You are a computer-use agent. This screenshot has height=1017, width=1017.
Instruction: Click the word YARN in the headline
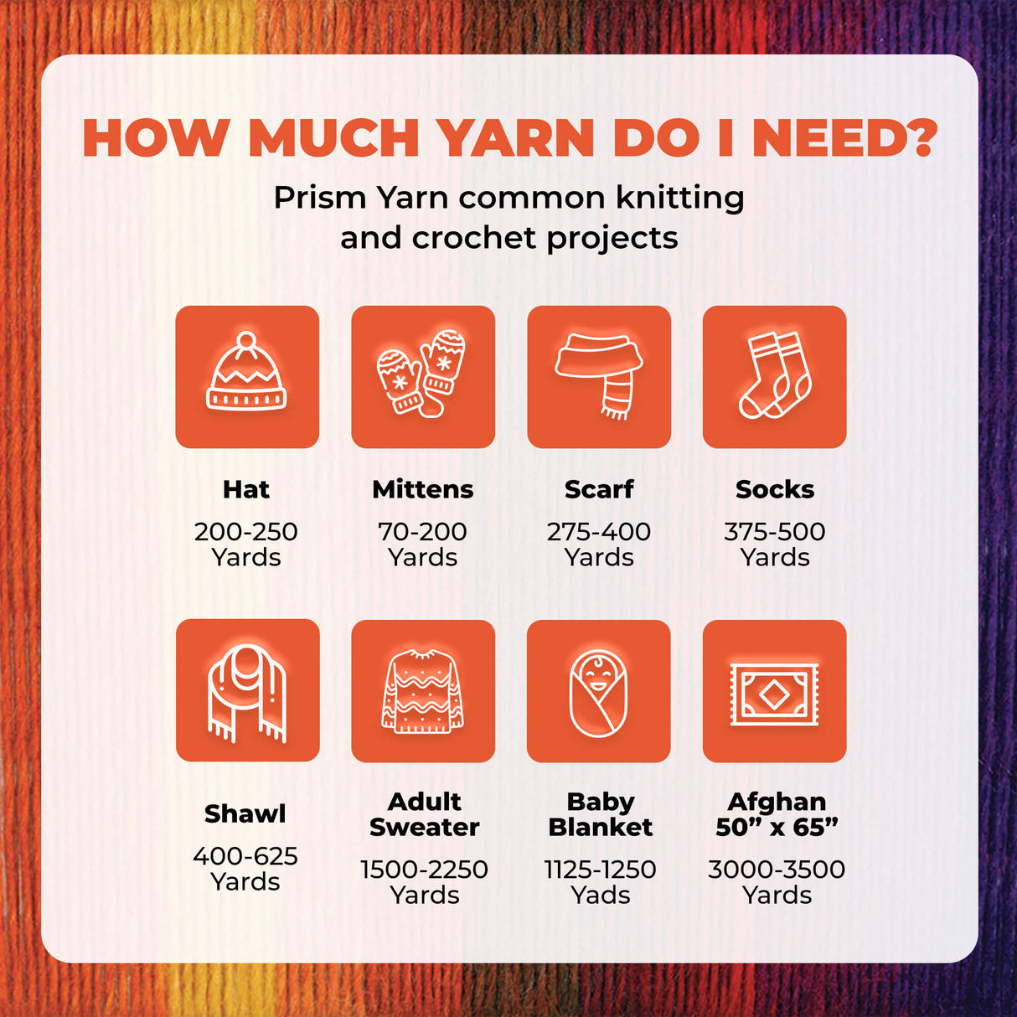coord(517,138)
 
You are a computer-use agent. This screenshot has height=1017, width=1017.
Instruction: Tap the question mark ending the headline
coord(920,138)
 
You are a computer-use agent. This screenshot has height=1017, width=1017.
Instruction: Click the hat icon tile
coord(247,377)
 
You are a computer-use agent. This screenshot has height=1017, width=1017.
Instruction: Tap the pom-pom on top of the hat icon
coord(246,341)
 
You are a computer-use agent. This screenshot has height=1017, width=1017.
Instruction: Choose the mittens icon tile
coord(423,377)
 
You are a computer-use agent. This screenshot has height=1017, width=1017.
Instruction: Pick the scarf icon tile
coord(599,377)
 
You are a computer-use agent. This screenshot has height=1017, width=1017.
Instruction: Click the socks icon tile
coord(775,377)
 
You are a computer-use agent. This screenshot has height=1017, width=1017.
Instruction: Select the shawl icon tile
coord(247,690)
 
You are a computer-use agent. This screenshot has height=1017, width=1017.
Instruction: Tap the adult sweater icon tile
coord(423,691)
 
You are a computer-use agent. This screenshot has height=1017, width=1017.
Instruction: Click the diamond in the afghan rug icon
coord(774,694)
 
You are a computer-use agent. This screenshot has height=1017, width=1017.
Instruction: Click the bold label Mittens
coord(423,489)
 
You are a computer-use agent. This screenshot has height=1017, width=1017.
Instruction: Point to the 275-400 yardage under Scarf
coord(599,531)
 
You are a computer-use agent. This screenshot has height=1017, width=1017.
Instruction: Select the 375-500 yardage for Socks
coord(775,531)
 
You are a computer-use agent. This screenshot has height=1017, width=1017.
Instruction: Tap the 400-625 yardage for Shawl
coord(245,855)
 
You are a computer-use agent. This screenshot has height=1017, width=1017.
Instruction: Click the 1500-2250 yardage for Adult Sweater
coord(424,870)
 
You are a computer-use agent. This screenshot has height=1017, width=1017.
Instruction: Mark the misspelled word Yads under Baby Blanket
coord(600,895)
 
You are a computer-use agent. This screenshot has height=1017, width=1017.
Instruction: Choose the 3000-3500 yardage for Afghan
coord(777,870)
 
